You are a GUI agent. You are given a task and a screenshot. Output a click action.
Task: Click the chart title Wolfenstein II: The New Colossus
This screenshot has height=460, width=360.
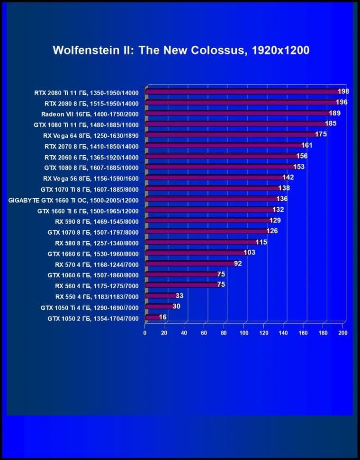coord(181,50)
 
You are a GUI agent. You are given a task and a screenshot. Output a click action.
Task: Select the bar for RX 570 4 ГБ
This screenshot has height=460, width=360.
coord(189,264)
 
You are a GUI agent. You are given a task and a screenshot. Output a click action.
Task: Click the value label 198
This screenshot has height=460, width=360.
coord(343,91)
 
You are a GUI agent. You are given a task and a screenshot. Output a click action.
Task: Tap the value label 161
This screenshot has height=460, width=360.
coord(307,145)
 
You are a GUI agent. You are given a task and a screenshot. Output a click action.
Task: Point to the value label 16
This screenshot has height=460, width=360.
coord(162,317)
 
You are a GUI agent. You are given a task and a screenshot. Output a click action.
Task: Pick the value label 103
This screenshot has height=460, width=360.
coord(249,252)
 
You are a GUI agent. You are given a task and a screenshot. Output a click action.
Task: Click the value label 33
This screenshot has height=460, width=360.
coord(179,296)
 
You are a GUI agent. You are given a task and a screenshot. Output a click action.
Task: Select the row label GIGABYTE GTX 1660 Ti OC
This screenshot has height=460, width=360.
coord(74,200)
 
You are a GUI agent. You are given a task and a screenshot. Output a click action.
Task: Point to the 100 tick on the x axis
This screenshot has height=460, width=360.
coord(244,333)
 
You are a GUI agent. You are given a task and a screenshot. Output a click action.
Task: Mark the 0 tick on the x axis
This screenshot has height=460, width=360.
coord(145,333)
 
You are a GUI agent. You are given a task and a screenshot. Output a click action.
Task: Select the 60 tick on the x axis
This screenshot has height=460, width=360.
coord(204,333)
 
